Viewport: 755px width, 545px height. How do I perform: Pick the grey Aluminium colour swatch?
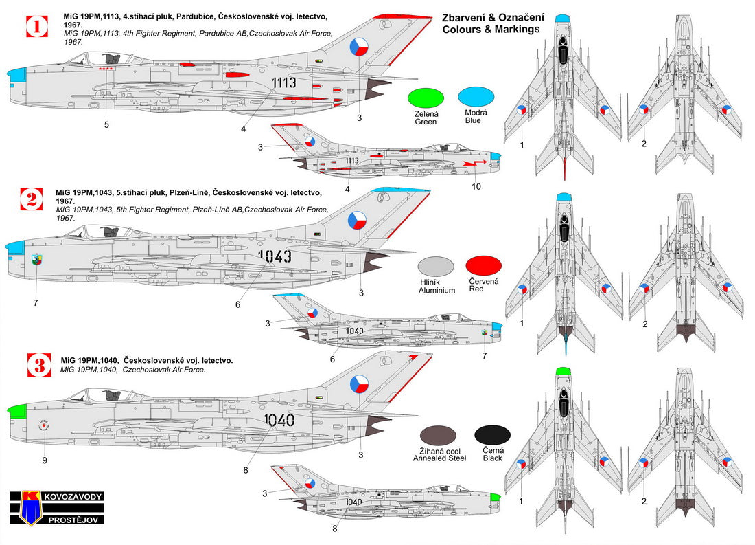pos(437,268)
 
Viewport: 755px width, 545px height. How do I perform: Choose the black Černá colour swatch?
pos(492,434)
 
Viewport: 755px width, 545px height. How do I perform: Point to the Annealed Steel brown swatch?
pos(439,436)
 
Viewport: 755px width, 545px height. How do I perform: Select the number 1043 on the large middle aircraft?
pos(276,256)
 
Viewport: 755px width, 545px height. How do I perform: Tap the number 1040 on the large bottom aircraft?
pos(279,420)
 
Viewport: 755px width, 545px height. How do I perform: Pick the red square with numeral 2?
pos(32,199)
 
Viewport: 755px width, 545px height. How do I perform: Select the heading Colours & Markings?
pos(491,30)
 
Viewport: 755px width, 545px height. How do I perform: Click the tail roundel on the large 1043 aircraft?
pos(359,220)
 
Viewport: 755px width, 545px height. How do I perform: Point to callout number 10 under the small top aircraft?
pos(476,186)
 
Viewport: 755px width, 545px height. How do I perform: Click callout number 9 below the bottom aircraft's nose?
pos(44,460)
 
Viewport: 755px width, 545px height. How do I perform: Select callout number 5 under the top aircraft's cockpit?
pos(106,124)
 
